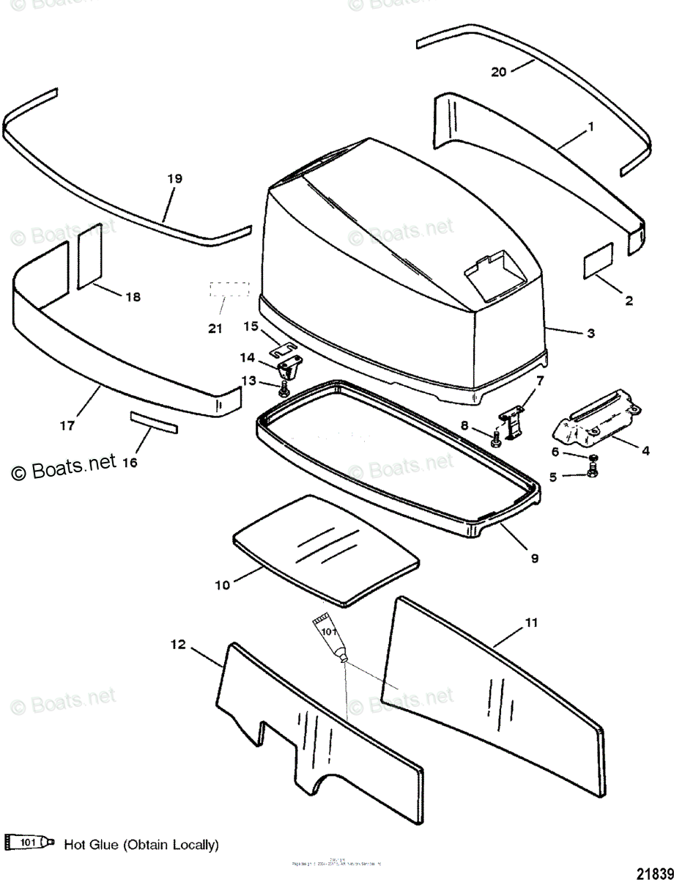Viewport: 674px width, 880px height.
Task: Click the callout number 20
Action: (x=499, y=71)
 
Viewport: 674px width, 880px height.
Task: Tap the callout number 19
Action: (x=174, y=178)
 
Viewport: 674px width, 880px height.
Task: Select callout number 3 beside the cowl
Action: (x=590, y=333)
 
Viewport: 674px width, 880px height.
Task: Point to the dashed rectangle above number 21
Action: (x=229, y=288)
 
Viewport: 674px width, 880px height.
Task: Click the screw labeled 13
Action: (x=284, y=392)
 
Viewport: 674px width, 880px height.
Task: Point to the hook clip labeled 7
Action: (x=515, y=425)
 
